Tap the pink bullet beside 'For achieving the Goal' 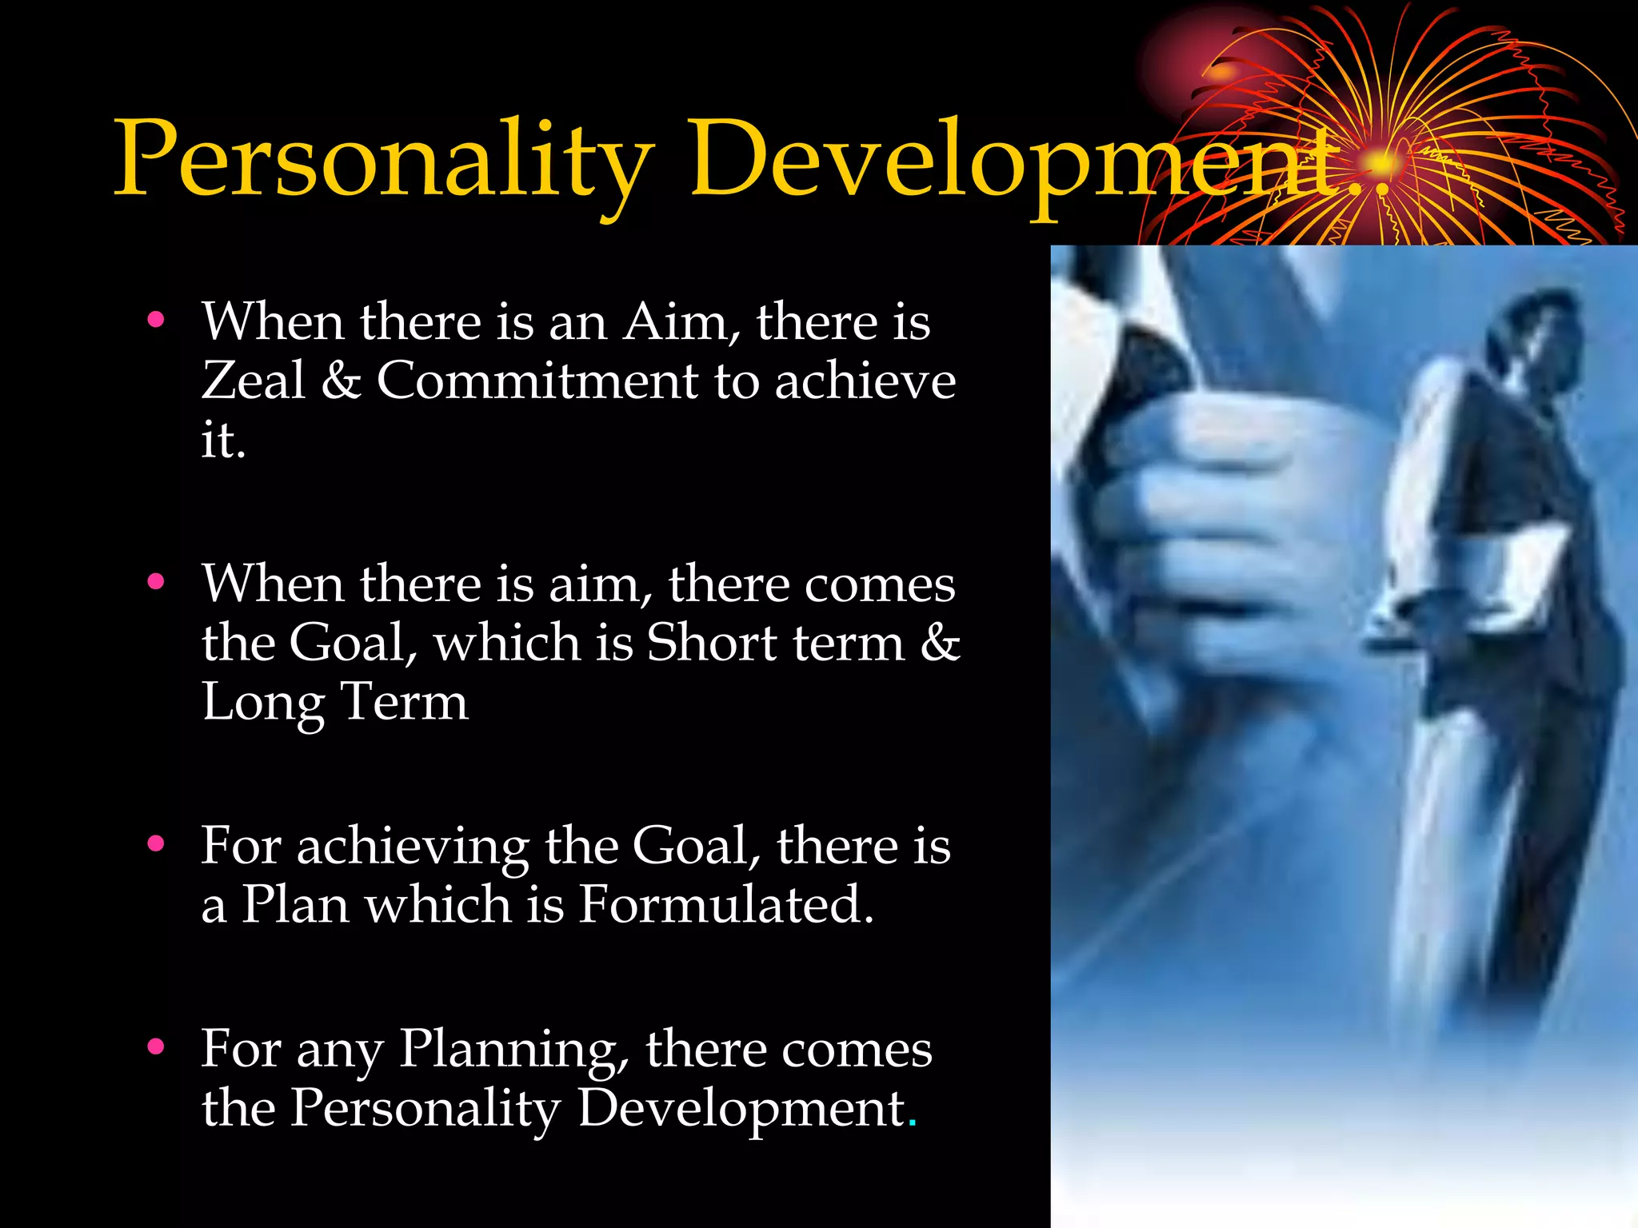156,843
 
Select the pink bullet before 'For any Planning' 156,1046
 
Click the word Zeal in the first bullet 253,380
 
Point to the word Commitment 537,380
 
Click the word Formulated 724,905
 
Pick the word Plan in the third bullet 295,905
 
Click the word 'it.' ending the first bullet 222,440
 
